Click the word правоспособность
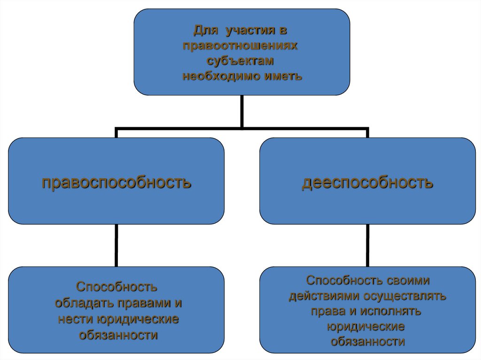(116, 182)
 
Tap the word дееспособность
(367, 182)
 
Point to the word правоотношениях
(241, 46)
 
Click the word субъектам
(241, 61)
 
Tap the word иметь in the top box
(276, 76)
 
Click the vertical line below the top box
(241, 111)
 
